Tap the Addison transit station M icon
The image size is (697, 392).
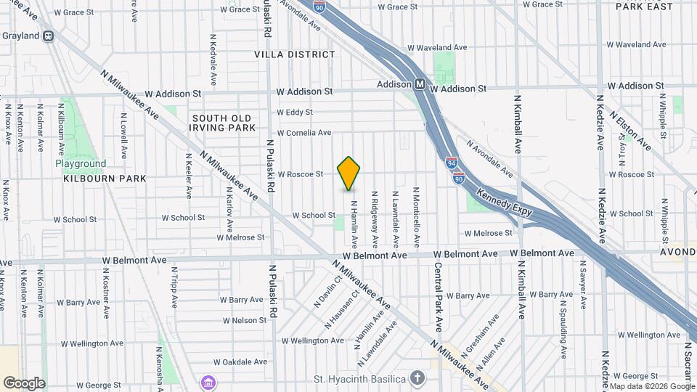420,84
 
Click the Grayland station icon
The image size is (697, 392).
48,36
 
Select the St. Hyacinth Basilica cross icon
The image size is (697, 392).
417,377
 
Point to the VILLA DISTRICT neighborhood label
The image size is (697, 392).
295,54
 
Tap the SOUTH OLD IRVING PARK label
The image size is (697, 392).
224,123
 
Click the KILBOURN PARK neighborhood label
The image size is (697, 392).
105,178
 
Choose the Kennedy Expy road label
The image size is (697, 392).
505,204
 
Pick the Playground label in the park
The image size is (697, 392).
81,163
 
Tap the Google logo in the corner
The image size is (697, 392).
24,383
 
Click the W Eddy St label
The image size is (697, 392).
294,113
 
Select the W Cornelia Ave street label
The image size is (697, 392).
303,133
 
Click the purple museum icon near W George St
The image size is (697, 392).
208,382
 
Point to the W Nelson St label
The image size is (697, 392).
245,320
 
